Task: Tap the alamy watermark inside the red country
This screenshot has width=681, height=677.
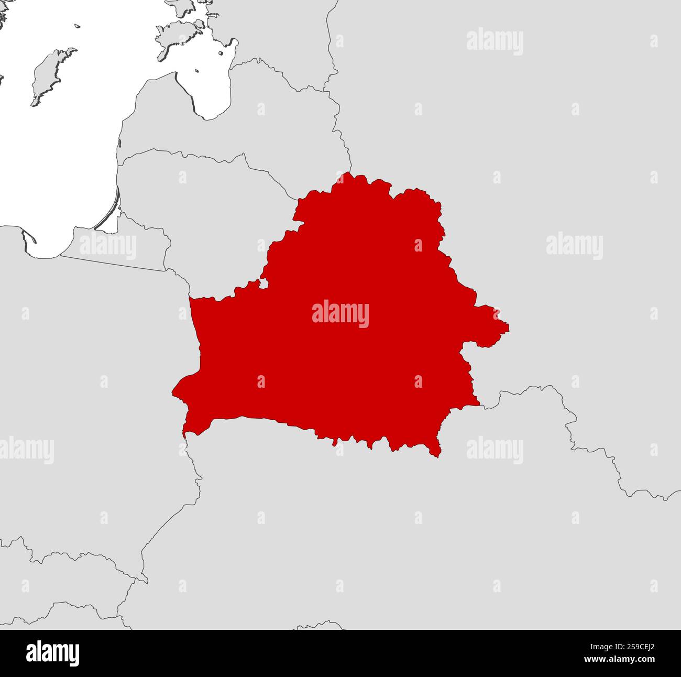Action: click(340, 314)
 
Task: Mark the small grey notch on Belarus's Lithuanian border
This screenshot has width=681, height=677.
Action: click(263, 284)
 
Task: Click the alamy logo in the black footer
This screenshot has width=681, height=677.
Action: click(52, 653)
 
